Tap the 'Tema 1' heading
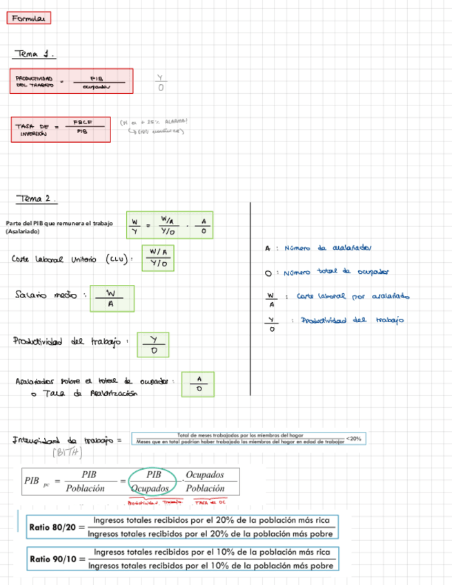pos(34,53)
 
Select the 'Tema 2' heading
pos(37,198)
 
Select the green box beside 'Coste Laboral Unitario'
pos(159,257)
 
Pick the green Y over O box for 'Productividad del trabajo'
pos(155,344)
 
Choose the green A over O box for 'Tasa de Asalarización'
pos(198,384)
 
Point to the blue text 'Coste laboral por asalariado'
pos(352,297)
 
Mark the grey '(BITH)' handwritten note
pos(67,453)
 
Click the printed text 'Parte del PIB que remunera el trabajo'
pos(59,223)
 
